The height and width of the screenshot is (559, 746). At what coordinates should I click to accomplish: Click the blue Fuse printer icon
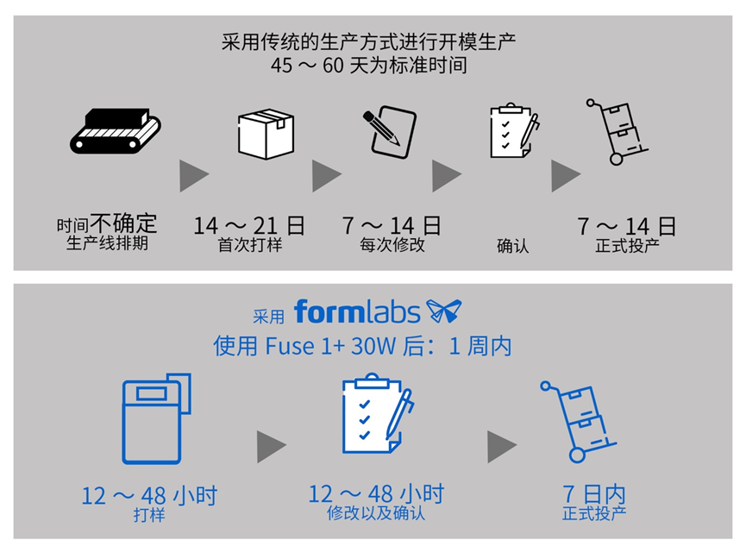point(156,418)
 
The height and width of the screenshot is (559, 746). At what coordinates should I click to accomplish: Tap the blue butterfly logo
point(443,311)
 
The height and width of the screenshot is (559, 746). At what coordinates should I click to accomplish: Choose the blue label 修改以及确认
point(376,514)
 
